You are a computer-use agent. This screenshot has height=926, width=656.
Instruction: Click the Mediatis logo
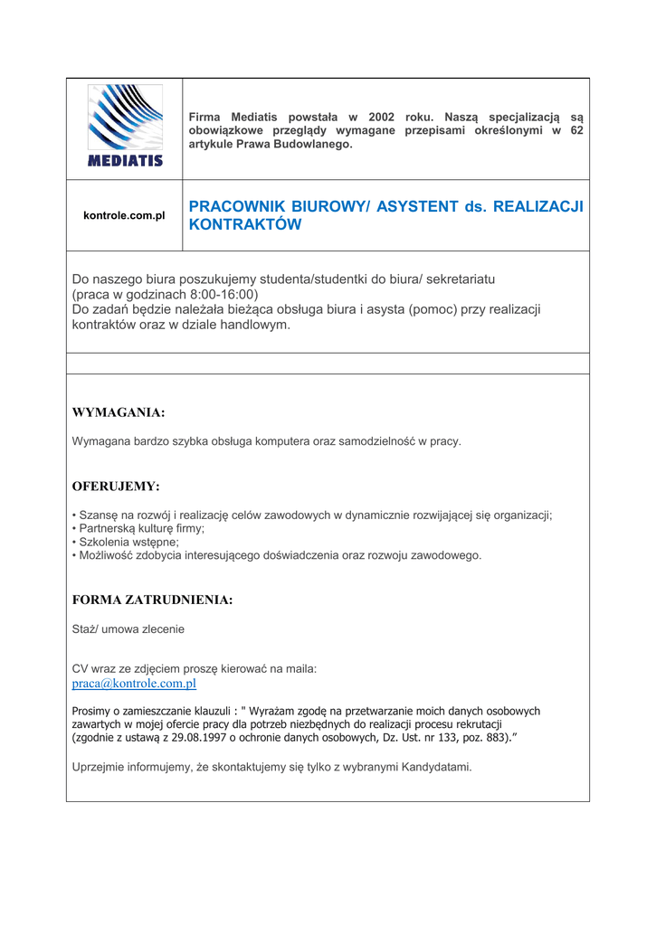[x=125, y=126]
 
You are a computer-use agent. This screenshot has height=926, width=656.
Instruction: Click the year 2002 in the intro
[x=382, y=118]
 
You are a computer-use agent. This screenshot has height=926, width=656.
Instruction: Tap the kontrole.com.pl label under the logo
[x=124, y=216]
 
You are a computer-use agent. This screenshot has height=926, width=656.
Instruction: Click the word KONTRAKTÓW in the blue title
[x=244, y=225]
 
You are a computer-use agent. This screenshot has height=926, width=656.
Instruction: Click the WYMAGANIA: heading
[x=119, y=413]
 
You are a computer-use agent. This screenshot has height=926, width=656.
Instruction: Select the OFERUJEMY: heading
[x=116, y=487]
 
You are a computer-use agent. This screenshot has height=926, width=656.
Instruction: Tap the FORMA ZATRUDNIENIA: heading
[x=152, y=600]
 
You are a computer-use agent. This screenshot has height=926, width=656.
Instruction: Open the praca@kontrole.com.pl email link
[x=134, y=684]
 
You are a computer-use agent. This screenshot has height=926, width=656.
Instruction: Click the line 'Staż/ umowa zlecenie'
[x=128, y=628]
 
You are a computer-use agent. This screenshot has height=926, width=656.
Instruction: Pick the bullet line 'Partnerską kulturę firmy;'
[x=141, y=528]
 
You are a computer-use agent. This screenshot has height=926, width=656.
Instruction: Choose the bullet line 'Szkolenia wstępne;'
[x=128, y=542]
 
